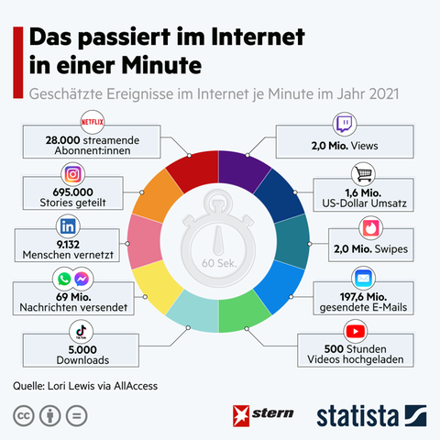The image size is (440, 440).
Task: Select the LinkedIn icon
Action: [67, 225]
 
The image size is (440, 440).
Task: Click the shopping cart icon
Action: [366, 174]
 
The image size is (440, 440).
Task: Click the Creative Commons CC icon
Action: [23, 414]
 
